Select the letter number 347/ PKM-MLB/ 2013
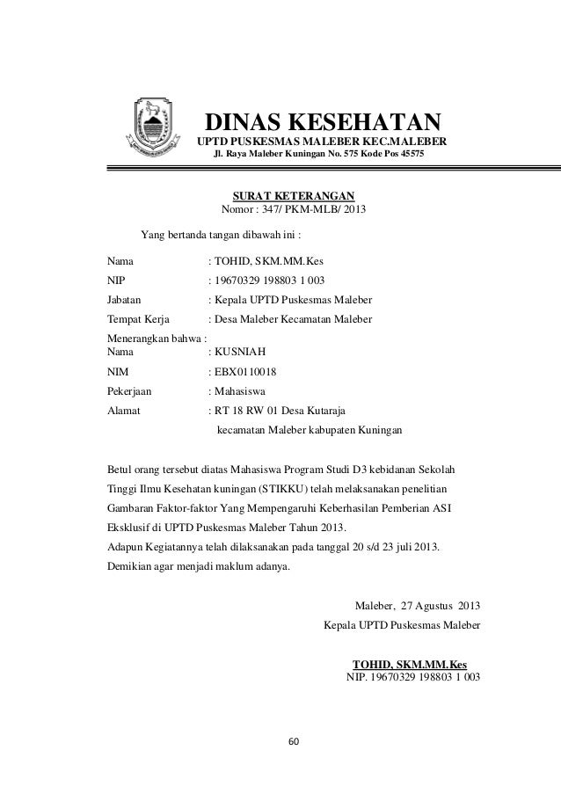(312, 211)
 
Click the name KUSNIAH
(236, 351)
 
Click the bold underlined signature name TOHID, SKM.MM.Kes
(409, 664)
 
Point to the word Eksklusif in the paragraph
(130, 527)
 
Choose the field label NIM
(118, 372)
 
